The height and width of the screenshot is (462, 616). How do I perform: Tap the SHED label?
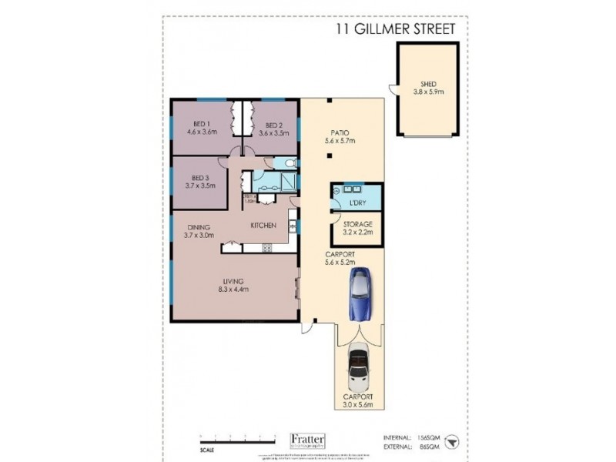click(428, 85)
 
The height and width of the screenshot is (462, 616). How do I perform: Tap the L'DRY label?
click(356, 201)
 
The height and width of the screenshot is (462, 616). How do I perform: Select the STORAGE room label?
click(357, 223)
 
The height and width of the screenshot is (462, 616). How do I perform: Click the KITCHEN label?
click(264, 226)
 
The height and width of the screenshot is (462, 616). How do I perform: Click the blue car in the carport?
click(359, 294)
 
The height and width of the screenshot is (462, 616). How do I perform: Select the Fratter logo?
click(307, 440)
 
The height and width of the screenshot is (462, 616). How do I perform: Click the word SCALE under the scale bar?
click(207, 451)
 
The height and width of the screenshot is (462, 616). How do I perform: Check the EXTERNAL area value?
click(422, 446)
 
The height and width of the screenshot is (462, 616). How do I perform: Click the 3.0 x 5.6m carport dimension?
click(358, 405)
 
